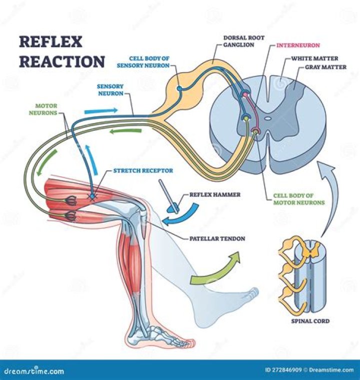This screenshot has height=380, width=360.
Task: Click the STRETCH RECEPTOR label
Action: tap(136, 171)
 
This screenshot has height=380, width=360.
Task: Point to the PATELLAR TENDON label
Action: tap(217, 239)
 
